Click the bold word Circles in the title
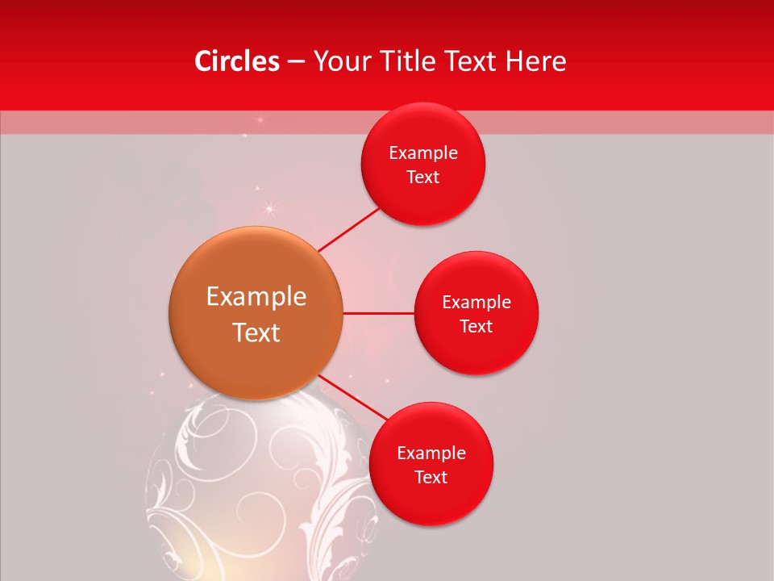pyautogui.click(x=236, y=61)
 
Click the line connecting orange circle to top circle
pyautogui.click(x=350, y=229)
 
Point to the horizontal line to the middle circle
pyautogui.click(x=378, y=313)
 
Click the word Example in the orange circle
pyautogui.click(x=256, y=297)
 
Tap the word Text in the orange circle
pyautogui.click(x=256, y=332)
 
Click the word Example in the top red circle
pyautogui.click(x=423, y=153)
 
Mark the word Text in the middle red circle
pyautogui.click(x=476, y=326)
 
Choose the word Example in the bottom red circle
pyautogui.click(x=431, y=454)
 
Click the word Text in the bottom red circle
pyautogui.click(x=431, y=478)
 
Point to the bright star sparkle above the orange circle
pyautogui.click(x=270, y=210)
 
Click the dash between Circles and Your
pyautogui.click(x=296, y=61)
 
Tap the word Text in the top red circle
pyautogui.click(x=423, y=178)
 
